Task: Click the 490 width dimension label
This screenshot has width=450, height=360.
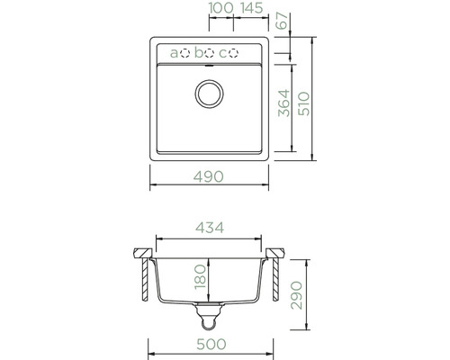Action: tap(209, 176)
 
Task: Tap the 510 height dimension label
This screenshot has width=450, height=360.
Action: tap(304, 103)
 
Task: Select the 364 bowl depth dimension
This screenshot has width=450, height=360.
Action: tap(283, 103)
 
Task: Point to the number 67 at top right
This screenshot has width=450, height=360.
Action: tap(282, 21)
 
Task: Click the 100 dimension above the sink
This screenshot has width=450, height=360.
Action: tap(221, 8)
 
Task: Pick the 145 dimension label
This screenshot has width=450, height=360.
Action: tap(252, 8)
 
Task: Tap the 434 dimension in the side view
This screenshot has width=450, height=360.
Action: tap(210, 228)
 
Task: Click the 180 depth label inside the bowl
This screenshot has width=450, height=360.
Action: tap(201, 276)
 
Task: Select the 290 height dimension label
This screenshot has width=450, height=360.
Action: tap(297, 295)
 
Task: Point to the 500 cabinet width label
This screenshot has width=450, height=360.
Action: tap(211, 345)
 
